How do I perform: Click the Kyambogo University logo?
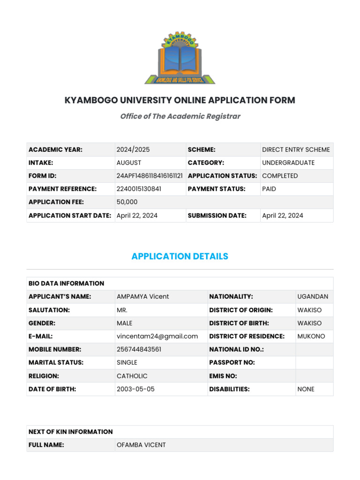(x=180, y=58)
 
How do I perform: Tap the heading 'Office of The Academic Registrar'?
(x=180, y=116)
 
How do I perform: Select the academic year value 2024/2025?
(x=133, y=150)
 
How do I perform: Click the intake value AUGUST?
(x=129, y=163)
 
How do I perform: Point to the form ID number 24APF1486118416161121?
(x=150, y=176)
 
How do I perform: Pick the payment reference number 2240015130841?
(x=138, y=189)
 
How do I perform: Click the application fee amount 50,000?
(x=127, y=202)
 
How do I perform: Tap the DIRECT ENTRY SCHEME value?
(x=296, y=150)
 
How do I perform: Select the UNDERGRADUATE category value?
(x=288, y=163)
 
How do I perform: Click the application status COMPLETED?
(x=280, y=176)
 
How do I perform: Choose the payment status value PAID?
(x=269, y=189)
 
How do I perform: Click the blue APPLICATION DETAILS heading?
(x=180, y=256)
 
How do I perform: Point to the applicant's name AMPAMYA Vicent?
(x=143, y=297)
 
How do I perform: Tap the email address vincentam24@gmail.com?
(x=157, y=336)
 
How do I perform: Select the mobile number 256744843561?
(x=139, y=349)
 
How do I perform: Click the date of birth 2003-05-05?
(x=135, y=389)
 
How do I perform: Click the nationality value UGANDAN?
(x=313, y=297)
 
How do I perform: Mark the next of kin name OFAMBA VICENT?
(x=141, y=445)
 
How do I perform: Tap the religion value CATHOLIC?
(x=132, y=376)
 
